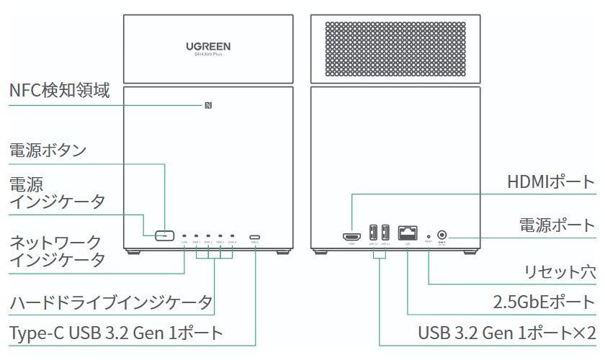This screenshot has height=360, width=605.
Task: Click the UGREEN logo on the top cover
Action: click(x=208, y=46)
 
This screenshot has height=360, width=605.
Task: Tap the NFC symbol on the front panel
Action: click(x=207, y=106)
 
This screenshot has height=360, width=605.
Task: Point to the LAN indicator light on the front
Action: click(x=184, y=235)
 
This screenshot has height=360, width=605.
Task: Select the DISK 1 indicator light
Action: click(x=196, y=235)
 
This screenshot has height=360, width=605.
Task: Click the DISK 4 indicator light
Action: click(x=232, y=235)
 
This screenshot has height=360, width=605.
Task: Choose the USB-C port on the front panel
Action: click(x=255, y=235)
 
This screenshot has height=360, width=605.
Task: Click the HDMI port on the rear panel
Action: click(x=351, y=235)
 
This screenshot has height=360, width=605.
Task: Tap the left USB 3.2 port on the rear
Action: click(x=373, y=234)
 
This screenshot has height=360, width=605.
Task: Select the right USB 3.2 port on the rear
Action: click(x=385, y=234)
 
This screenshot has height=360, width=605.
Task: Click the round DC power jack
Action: click(x=442, y=234)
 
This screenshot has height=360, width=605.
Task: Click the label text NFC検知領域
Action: click(x=59, y=91)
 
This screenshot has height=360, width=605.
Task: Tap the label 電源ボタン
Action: click(x=48, y=150)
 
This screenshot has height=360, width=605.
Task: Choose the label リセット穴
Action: click(x=560, y=272)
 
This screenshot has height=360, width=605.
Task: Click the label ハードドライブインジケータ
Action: click(x=111, y=302)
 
